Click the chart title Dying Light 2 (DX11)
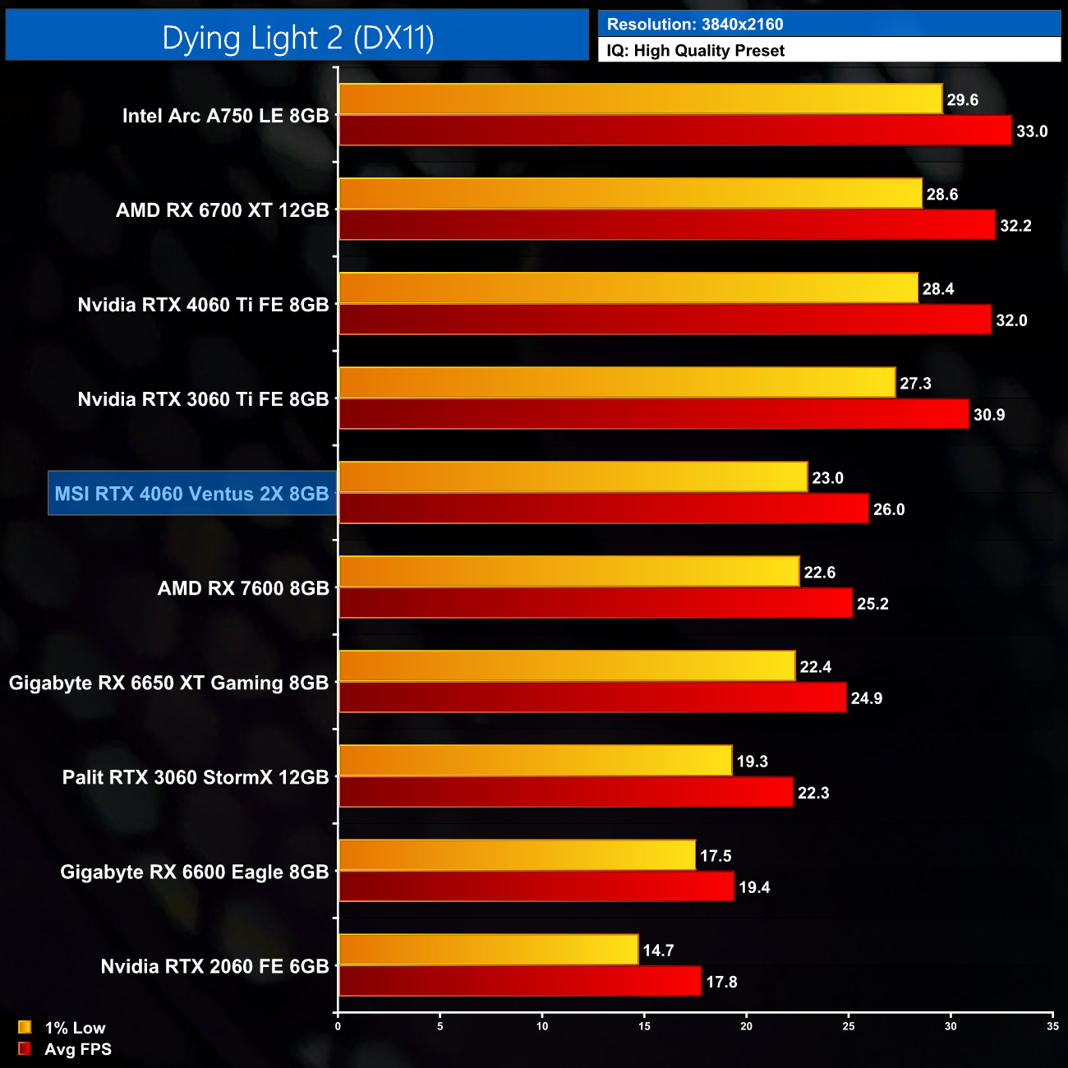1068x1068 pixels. pyautogui.click(x=297, y=37)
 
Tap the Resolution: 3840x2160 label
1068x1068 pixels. pyautogui.click(x=694, y=24)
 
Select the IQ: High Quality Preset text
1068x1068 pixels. pyautogui.click(x=695, y=50)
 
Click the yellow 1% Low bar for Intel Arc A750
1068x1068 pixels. pyautogui.click(x=640, y=99)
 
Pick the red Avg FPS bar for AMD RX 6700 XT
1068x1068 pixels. pyautogui.click(x=667, y=225)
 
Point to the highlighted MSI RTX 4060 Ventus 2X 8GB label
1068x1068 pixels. pyautogui.click(x=191, y=494)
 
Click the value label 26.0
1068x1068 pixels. pyautogui.click(x=888, y=509)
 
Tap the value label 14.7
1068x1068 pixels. pyautogui.click(x=658, y=951)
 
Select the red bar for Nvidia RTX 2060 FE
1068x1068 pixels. pyautogui.click(x=520, y=982)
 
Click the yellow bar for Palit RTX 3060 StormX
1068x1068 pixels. pyautogui.click(x=535, y=761)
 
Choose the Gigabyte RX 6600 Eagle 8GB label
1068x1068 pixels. pyautogui.click(x=194, y=872)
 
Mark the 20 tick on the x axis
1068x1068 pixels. pyautogui.click(x=746, y=1026)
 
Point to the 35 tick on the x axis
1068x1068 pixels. pyautogui.click(x=1052, y=1026)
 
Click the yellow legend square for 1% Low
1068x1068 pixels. pyautogui.click(x=25, y=1027)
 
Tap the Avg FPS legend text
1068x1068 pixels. pyautogui.click(x=77, y=1049)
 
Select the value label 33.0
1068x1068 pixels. pyautogui.click(x=1031, y=131)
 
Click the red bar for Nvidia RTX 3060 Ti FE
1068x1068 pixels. pyautogui.click(x=654, y=414)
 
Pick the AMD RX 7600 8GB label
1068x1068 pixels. pyautogui.click(x=243, y=588)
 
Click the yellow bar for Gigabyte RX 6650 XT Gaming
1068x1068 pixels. pyautogui.click(x=567, y=666)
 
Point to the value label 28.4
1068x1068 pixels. pyautogui.click(x=937, y=289)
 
